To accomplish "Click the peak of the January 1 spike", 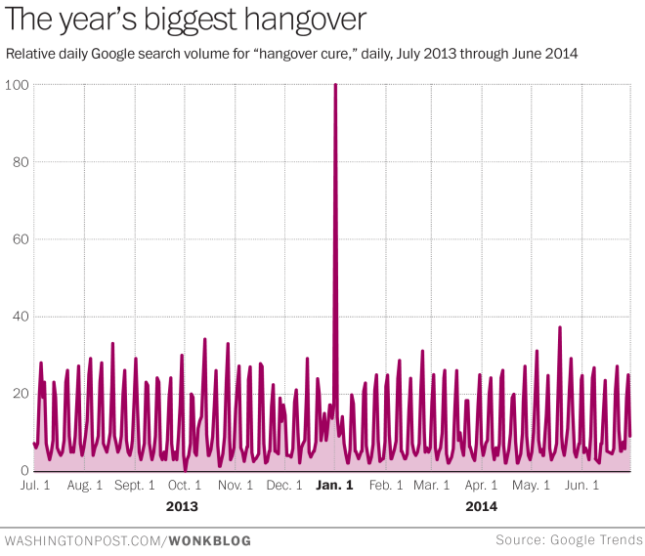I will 335,85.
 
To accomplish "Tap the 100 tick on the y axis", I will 16,85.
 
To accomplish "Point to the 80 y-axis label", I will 18,162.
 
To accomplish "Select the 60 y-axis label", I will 18,239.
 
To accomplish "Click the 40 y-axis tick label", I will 18,317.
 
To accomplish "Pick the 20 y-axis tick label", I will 18,394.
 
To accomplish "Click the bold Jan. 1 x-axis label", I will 334,485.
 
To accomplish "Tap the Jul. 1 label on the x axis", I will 35,485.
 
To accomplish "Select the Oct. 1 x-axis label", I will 185,485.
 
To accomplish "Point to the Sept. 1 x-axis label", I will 134,485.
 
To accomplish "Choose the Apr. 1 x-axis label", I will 481,485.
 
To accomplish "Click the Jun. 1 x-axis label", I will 582,485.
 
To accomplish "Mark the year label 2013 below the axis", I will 183,506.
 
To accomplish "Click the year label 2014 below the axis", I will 481,506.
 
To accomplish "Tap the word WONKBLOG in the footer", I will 210,540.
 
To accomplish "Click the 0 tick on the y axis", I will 21,471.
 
